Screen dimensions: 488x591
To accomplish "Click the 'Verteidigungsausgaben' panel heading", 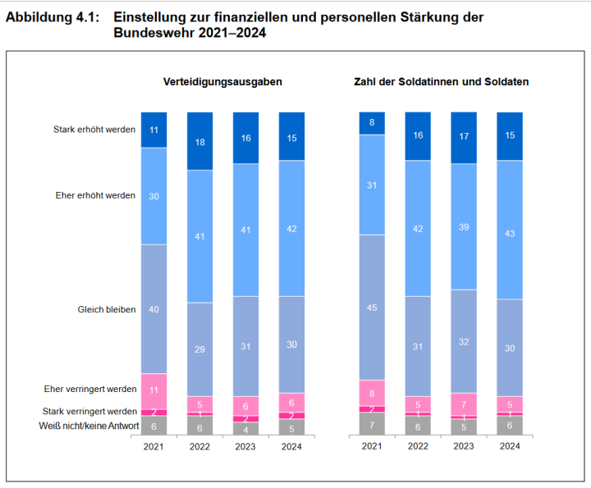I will tap(222, 82).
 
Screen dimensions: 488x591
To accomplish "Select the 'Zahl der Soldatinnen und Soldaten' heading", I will tap(441, 82).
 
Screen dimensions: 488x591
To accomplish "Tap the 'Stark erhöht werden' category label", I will tap(94, 130).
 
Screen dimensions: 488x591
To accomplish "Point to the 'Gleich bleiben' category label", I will tap(107, 310).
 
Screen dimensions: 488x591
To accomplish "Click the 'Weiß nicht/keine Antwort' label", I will tap(89, 426).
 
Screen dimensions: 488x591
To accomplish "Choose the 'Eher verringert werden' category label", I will tap(89, 389).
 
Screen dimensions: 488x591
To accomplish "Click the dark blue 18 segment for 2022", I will tap(199, 141).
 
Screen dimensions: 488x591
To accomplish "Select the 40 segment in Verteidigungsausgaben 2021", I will tap(153, 309).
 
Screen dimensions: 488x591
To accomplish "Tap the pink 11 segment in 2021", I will tap(153, 391).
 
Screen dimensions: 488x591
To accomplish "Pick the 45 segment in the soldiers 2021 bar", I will tap(372, 308).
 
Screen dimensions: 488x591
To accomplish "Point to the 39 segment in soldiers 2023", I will tap(464, 226).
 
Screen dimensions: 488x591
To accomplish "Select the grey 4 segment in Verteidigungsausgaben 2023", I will tap(245, 428).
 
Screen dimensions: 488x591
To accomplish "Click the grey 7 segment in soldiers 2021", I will tap(372, 424).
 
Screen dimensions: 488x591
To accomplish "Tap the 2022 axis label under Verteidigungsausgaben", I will tap(199, 447).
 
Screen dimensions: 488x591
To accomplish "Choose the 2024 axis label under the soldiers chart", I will tap(510, 447).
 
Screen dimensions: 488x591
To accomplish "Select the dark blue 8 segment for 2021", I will tap(372, 123).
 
